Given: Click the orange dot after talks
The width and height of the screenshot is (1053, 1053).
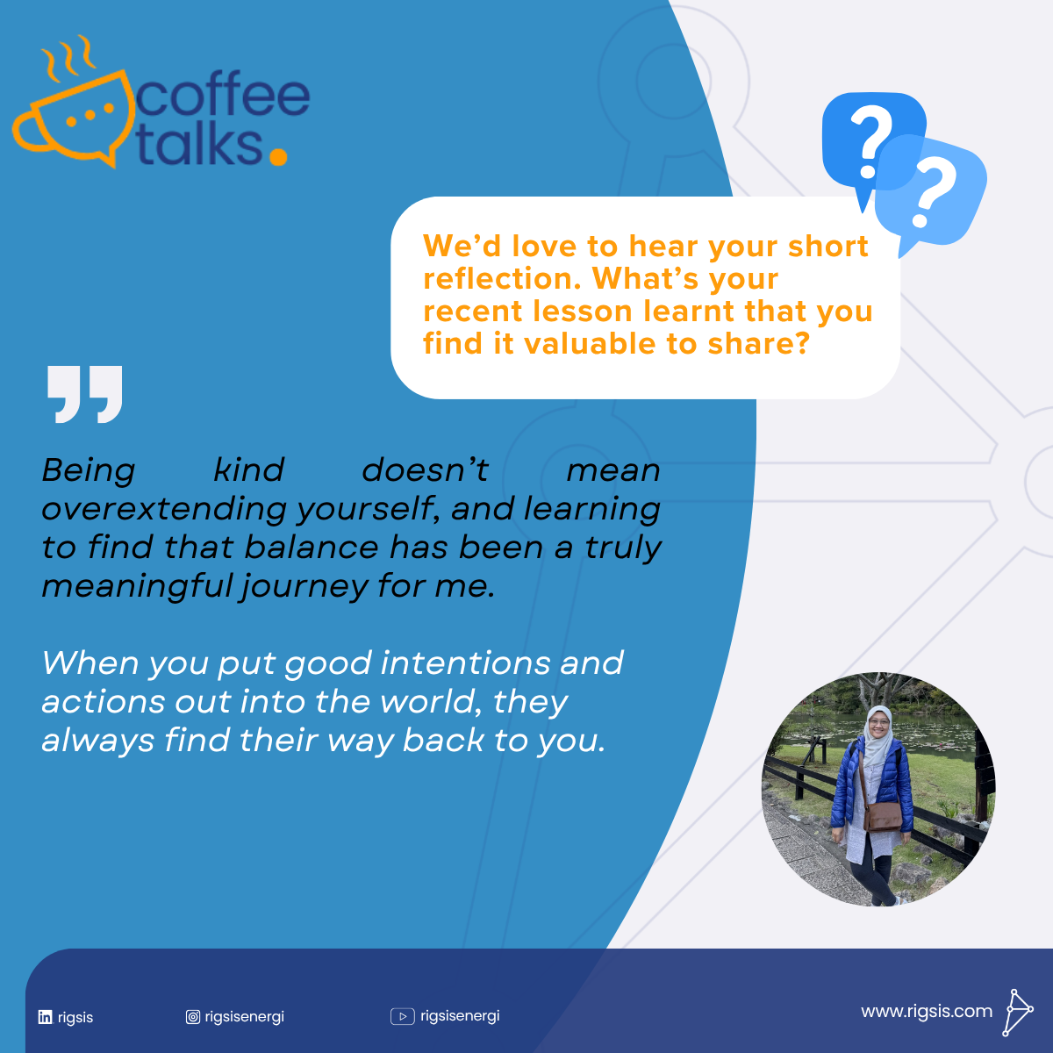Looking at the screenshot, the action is (279, 156).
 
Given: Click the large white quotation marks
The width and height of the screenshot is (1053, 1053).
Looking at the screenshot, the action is (85, 394).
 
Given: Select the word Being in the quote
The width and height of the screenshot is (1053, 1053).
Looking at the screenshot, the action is (89, 470).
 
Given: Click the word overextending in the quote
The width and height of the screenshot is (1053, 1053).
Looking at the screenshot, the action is (164, 509).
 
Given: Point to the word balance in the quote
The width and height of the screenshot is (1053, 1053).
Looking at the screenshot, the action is (312, 547).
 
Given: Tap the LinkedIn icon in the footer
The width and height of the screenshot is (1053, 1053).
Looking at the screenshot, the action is (46, 1017).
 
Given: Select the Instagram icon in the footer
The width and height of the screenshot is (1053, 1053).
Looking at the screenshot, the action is (193, 1016).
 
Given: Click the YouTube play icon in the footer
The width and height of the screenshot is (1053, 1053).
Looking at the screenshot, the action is (403, 1016).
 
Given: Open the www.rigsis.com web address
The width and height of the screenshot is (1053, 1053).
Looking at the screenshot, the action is (927, 1012).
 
